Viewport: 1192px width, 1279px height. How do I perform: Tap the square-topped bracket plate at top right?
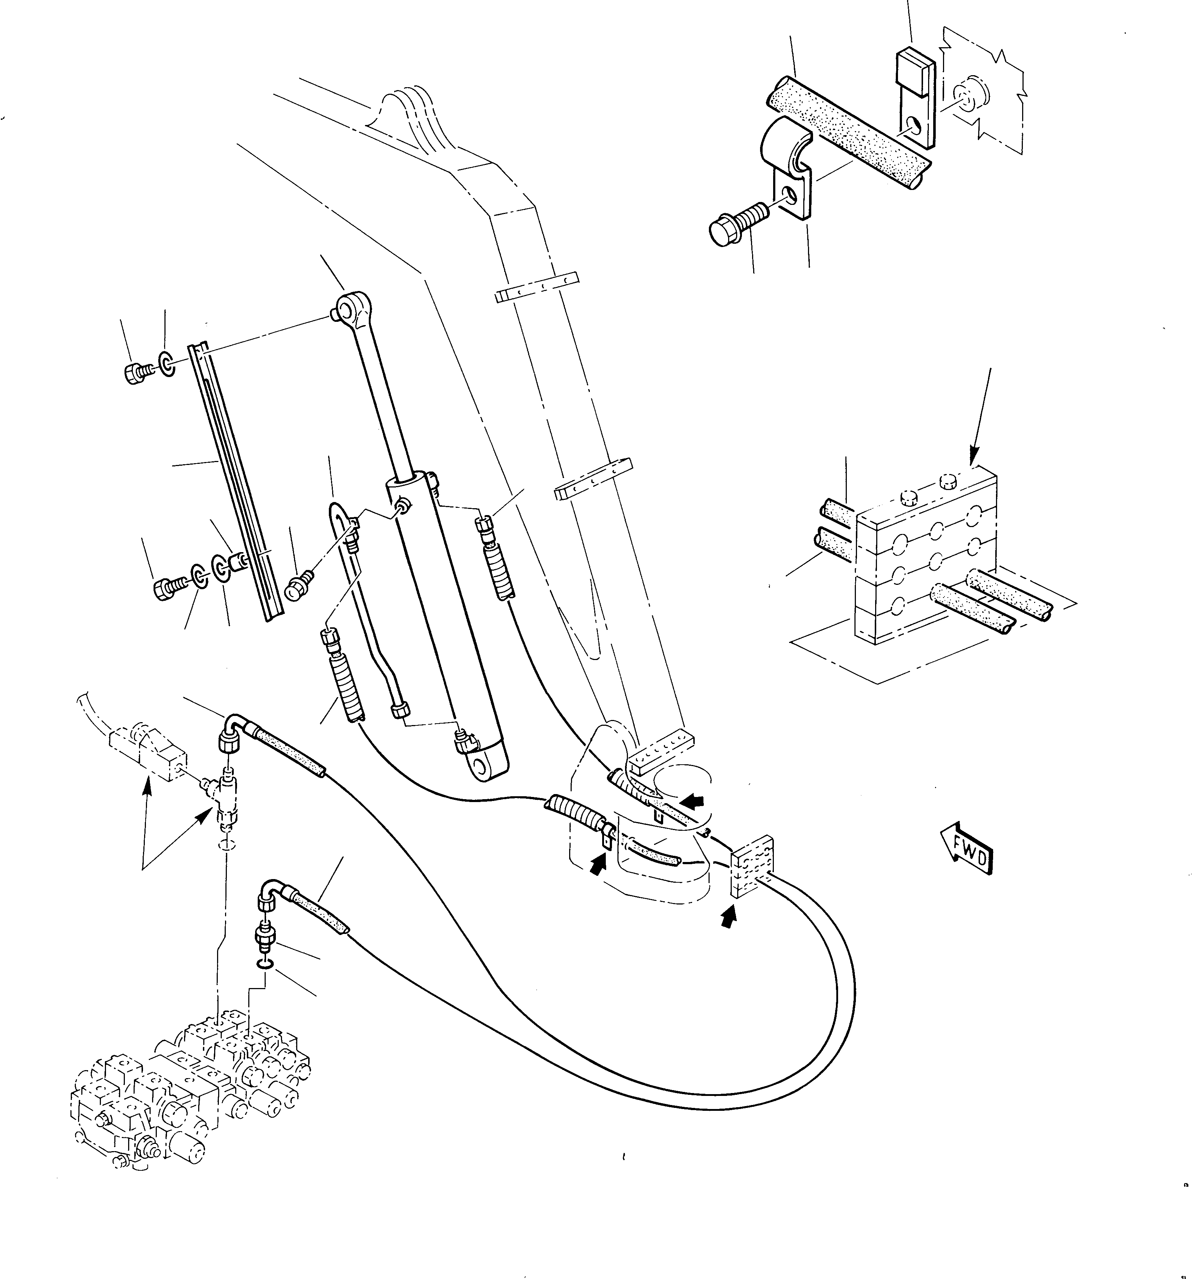click(915, 97)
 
